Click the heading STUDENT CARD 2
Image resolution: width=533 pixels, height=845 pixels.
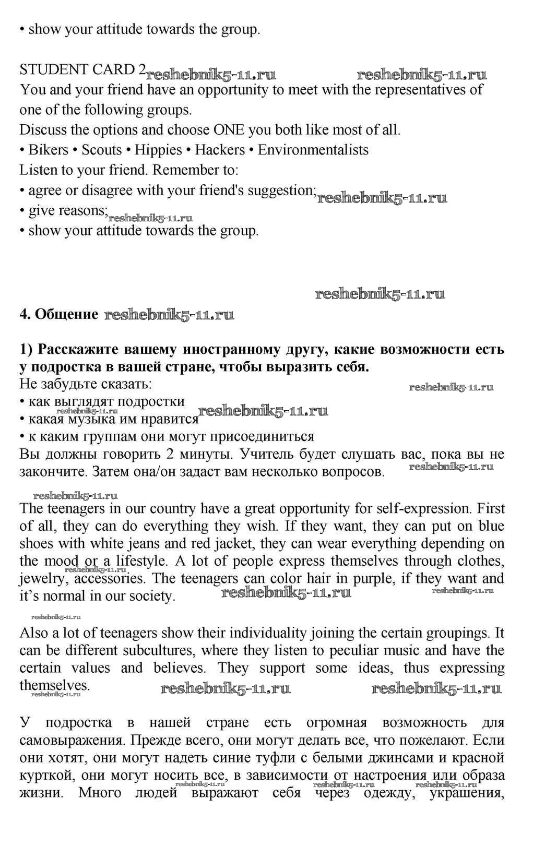click(x=82, y=69)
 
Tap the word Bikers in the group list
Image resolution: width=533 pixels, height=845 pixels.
click(x=48, y=150)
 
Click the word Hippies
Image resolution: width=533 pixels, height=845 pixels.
click(x=158, y=150)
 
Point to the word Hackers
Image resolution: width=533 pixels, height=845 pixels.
click(x=219, y=150)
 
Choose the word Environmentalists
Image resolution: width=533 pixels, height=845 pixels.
click(x=313, y=150)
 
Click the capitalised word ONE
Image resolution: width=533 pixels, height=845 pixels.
click(x=229, y=130)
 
